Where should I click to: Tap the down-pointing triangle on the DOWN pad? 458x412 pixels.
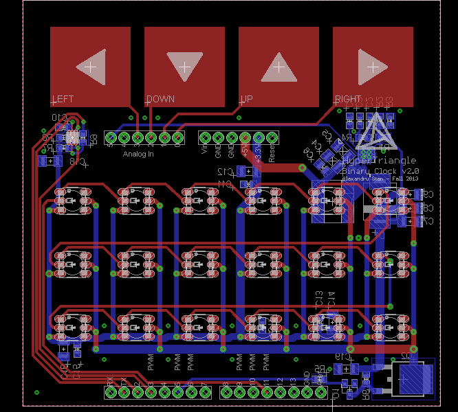184,66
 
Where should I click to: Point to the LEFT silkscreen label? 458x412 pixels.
63,99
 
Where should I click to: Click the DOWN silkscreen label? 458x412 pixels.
160,99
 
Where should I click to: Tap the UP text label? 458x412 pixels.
246,99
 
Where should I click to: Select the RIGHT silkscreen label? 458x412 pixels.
348,99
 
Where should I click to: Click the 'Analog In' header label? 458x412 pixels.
138,154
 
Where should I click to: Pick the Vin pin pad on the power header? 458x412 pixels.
205,138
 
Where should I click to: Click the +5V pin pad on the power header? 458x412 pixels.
246,138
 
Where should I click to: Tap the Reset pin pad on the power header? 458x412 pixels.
272,138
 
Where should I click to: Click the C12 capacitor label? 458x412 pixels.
225,172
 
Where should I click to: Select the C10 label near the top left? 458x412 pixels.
59,117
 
